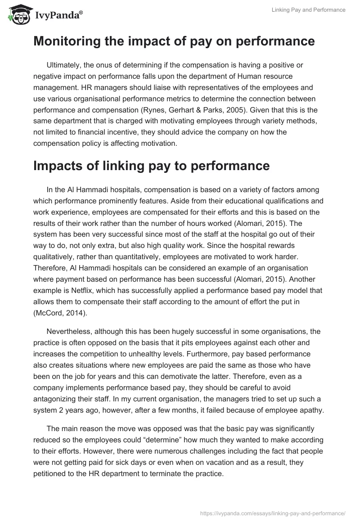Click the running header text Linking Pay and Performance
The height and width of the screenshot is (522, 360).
point(309,10)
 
